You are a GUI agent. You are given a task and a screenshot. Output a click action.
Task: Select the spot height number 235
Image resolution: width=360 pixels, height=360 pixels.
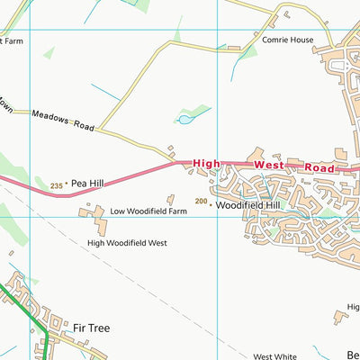[57, 185]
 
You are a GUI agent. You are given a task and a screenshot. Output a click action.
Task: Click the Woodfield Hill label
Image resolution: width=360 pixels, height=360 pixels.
[247, 205]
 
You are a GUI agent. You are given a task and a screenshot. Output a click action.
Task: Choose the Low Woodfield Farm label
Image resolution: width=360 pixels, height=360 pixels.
[148, 211]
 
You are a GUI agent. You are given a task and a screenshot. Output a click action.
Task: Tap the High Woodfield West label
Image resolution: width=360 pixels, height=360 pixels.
[127, 243]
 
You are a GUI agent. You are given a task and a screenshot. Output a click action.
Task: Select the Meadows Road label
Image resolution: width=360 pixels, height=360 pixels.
[62, 116]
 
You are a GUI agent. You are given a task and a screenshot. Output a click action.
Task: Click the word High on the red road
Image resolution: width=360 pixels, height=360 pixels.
[206, 163]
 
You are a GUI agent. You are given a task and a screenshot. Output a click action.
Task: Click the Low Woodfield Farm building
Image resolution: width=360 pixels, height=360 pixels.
[94, 212]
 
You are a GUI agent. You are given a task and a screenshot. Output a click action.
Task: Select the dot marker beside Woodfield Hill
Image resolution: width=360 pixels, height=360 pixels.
[211, 205]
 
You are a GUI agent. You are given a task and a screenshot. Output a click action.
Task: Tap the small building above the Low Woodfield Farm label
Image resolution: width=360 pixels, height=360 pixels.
[170, 199]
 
